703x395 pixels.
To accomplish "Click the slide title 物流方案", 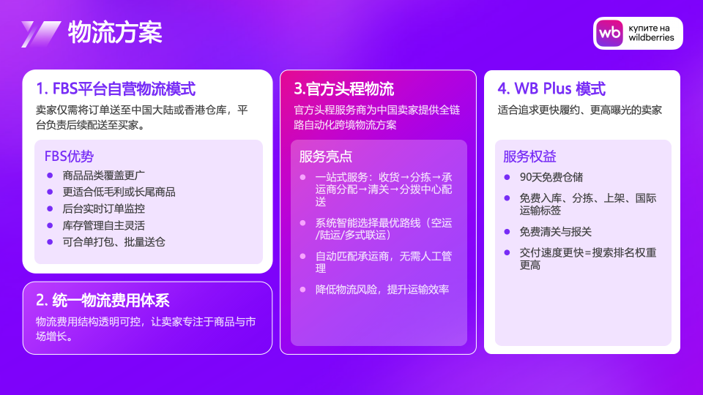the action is pos(115,33).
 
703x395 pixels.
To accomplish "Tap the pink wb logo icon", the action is pos(609,33).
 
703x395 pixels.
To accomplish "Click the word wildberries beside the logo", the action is pos(651,37).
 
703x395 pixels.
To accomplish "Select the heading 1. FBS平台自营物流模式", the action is pos(116,89).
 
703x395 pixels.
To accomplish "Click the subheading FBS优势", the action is pos(69,157).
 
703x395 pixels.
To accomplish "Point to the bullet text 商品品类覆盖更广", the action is pos(103,175).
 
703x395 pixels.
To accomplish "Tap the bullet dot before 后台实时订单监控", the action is pos(50,208).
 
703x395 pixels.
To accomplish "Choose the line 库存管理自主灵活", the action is pos(103,225).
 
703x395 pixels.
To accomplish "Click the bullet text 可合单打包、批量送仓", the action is pos(114,242).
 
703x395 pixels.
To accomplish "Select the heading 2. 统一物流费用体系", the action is pos(103,301).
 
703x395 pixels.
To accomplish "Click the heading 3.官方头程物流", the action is pos(344,89).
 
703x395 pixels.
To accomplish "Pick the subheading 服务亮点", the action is pos(325,157).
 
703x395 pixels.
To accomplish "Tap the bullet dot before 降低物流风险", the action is pos(302,290).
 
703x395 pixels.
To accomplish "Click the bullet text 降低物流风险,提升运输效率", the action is pos(382,290).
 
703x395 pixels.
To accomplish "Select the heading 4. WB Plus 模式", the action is pos(551,89).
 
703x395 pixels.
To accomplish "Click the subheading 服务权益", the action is pos(529,157).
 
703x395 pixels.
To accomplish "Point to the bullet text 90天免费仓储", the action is pos(551,177).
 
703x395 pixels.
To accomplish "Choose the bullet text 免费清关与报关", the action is pos(556,232).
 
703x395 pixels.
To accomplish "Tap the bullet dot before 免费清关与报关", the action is pos(507,232).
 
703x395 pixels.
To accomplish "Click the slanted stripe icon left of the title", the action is pos(41,34).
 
